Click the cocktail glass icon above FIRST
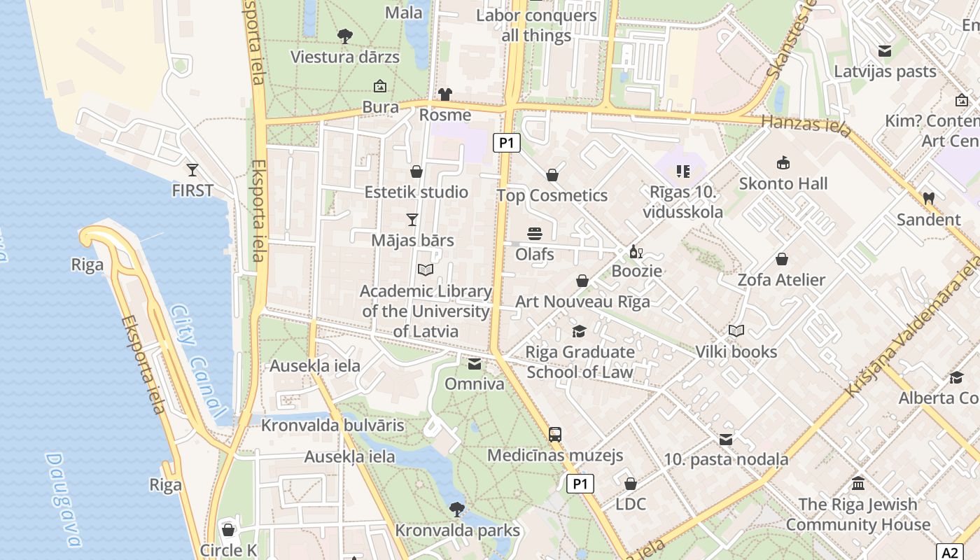[x=192, y=169]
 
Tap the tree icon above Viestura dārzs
[x=344, y=36]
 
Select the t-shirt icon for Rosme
[x=445, y=94]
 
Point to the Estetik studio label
[x=416, y=192]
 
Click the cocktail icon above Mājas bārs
[x=412, y=220]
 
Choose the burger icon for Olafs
[x=535, y=234]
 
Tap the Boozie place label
[x=636, y=271]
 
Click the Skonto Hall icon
[x=783, y=163]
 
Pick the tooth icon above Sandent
[x=929, y=199]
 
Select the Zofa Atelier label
[x=781, y=280]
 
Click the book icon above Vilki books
[x=736, y=330]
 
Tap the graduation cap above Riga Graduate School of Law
[x=579, y=331]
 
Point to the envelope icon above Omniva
[x=475, y=364]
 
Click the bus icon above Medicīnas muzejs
[x=555, y=435]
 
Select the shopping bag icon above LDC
[x=631, y=484]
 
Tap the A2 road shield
[x=948, y=552]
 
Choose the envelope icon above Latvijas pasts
[x=885, y=51]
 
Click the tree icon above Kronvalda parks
[x=457, y=509]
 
